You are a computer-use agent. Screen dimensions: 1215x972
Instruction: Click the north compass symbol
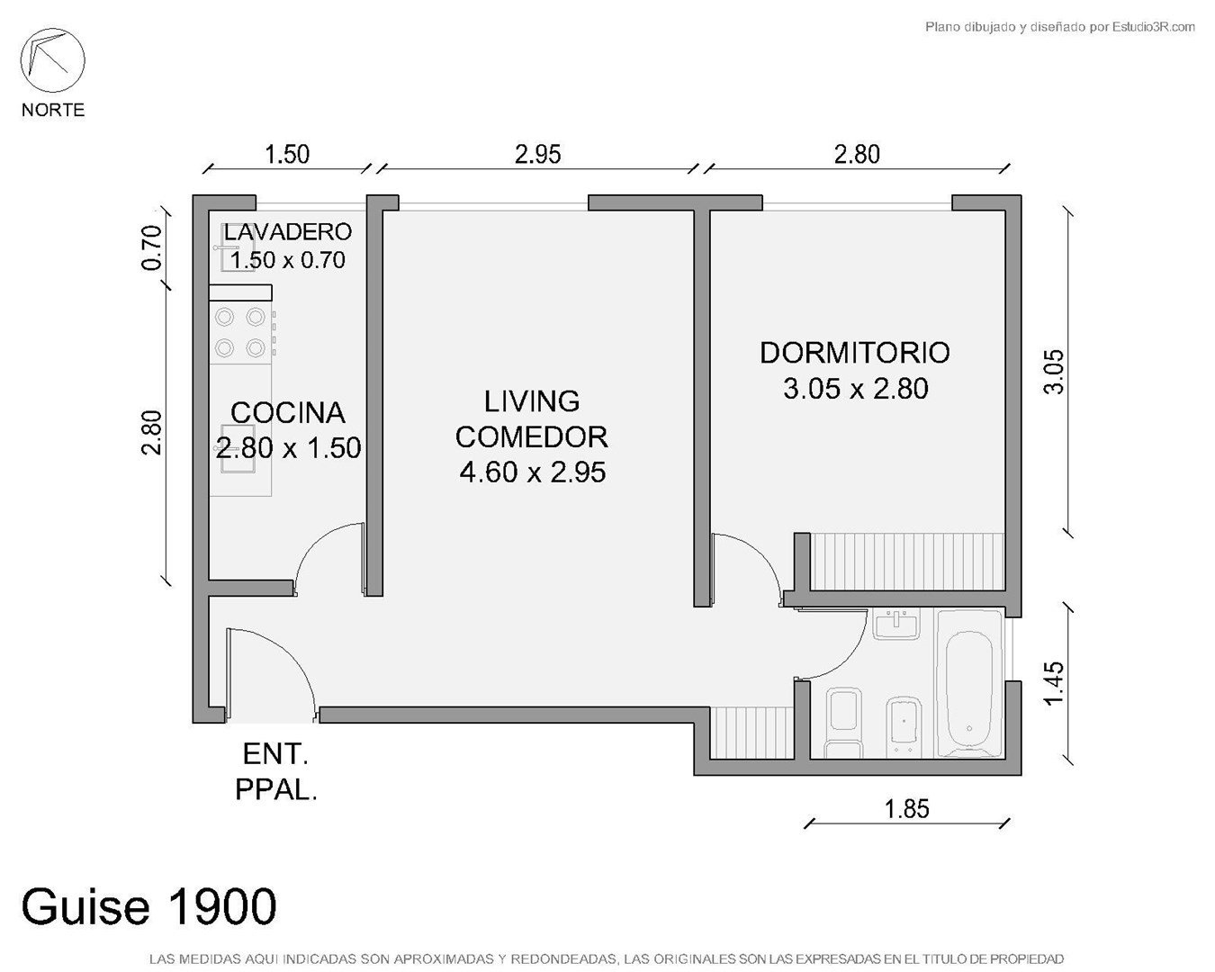click(x=52, y=60)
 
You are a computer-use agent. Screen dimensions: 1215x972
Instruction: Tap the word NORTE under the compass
click(x=53, y=110)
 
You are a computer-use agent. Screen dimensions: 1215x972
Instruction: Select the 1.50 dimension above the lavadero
click(x=287, y=154)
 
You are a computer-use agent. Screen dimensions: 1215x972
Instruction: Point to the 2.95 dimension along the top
click(x=537, y=154)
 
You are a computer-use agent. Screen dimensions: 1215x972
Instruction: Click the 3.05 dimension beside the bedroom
click(x=1054, y=372)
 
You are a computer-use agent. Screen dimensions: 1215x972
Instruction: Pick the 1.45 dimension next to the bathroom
click(x=1054, y=683)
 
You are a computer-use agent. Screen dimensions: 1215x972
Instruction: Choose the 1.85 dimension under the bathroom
click(x=906, y=809)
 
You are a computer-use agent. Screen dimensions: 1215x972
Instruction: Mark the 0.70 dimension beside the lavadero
click(x=152, y=247)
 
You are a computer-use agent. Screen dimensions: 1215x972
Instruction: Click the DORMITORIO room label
click(x=855, y=353)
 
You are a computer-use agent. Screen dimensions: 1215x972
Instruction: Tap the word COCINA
click(x=287, y=413)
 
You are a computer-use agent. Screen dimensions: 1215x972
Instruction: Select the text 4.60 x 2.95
click(x=533, y=472)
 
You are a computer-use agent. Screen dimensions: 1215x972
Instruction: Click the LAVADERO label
click(x=287, y=231)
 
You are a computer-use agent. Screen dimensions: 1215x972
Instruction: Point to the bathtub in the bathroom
click(x=968, y=683)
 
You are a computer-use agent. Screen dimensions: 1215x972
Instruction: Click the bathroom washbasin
click(x=896, y=624)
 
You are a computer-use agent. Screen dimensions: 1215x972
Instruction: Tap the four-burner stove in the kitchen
click(x=241, y=332)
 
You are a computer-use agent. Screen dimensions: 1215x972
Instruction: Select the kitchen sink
click(x=238, y=448)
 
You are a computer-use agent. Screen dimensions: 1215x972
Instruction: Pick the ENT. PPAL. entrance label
click(x=275, y=772)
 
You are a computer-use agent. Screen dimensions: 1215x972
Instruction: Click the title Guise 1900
click(x=149, y=905)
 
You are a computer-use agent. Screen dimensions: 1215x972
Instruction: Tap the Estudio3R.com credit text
click(x=1059, y=26)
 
